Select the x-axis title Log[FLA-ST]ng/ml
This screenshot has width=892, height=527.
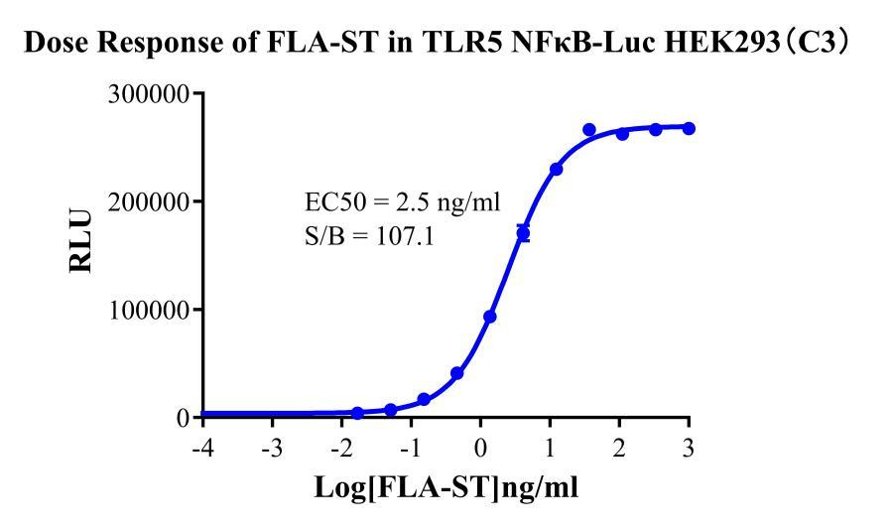446,488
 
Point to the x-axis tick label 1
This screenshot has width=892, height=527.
550,447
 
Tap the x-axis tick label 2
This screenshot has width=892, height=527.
619,447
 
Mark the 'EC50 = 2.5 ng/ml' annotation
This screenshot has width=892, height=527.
402,204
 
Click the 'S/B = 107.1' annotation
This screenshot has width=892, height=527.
368,239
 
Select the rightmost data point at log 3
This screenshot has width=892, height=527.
689,129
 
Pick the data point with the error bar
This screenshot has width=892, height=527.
523,234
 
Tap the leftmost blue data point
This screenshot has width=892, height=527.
357,413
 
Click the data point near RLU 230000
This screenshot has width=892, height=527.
556,170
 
